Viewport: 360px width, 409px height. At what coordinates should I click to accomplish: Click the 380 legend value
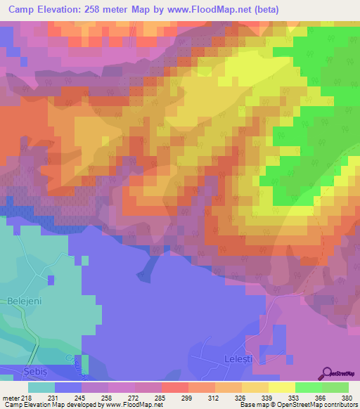[x=348, y=397]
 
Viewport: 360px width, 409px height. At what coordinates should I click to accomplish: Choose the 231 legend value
[x=53, y=397]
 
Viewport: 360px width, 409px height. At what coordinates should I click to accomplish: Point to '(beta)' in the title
[x=269, y=10]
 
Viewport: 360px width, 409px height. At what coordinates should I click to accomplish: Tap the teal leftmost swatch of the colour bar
[x=41, y=387]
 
